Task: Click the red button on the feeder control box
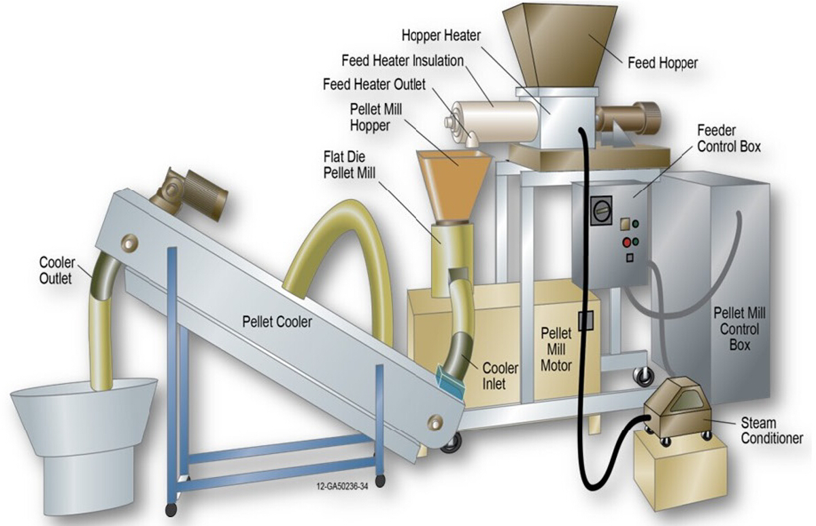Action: (626, 243)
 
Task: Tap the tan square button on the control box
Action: (626, 224)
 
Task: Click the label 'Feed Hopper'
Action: (662, 63)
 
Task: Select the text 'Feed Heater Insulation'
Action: (403, 60)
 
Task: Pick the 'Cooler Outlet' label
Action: (56, 270)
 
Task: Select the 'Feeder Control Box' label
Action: (728, 137)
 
